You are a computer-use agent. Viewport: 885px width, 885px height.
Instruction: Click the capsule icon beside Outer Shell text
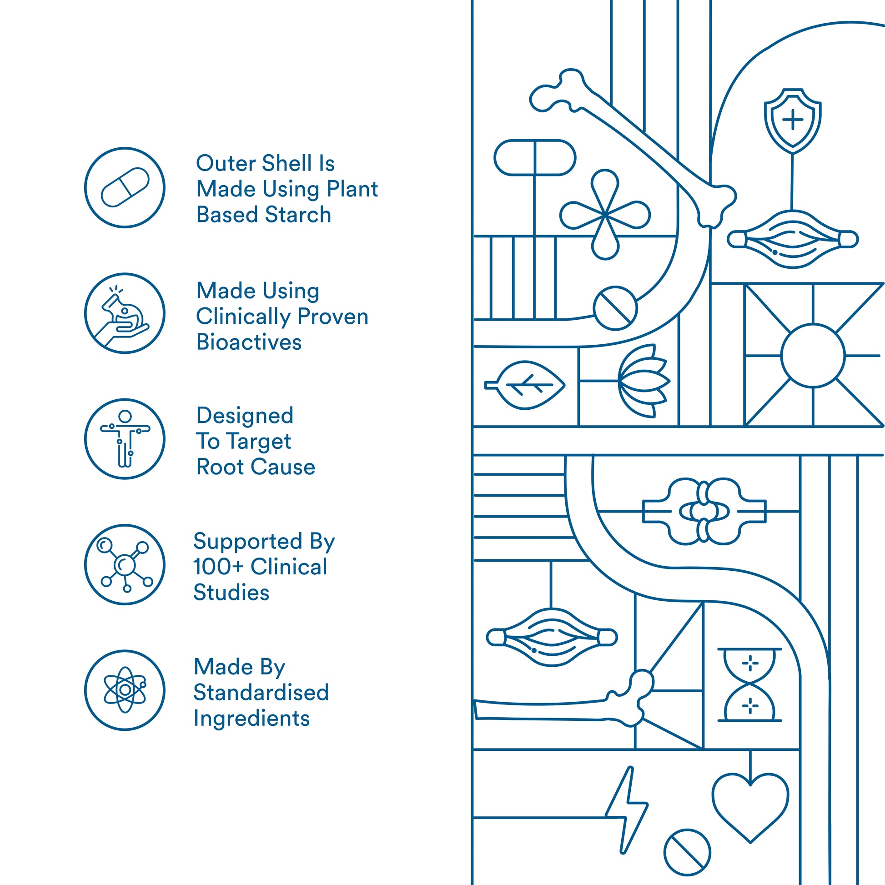tap(125, 187)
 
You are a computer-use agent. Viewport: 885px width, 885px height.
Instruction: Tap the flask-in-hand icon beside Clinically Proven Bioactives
tap(125, 313)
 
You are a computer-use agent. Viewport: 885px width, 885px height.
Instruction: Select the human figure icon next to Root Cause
tap(125, 439)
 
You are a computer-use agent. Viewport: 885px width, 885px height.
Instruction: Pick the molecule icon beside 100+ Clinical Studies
tap(125, 564)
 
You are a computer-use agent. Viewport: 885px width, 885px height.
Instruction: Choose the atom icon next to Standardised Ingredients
tap(125, 690)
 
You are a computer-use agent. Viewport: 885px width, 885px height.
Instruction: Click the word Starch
tap(298, 215)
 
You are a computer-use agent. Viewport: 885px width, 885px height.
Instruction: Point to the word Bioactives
tap(249, 342)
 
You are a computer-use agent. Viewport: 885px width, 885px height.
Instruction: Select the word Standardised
tap(261, 693)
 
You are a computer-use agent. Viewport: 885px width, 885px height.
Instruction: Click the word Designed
tap(245, 416)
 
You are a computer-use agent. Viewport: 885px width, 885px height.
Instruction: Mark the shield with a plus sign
tap(793, 121)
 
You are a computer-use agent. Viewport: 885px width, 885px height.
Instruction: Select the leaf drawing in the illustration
tap(527, 385)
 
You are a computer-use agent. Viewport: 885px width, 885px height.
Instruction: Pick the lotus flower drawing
tap(643, 381)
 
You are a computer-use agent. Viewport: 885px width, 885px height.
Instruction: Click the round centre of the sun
tap(813, 356)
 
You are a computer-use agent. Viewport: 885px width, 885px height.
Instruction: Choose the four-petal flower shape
tap(605, 214)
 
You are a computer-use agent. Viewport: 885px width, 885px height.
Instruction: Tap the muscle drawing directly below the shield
tap(793, 239)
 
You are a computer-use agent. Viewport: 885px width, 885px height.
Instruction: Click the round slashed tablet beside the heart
tap(687, 852)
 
